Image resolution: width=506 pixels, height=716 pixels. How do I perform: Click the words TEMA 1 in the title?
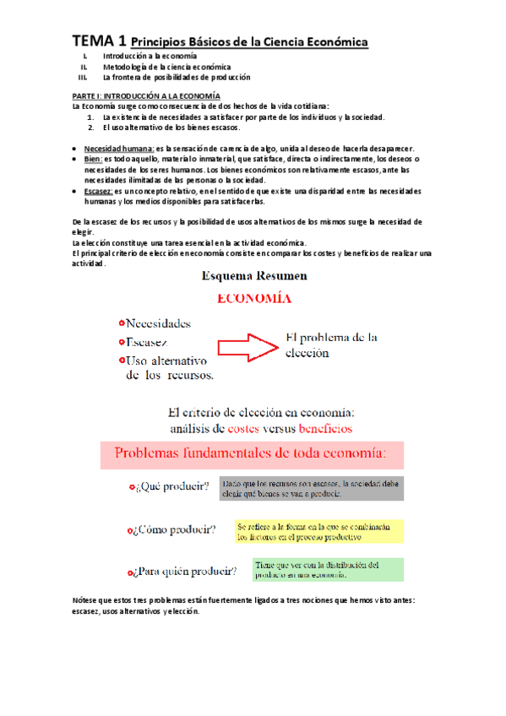click(100, 41)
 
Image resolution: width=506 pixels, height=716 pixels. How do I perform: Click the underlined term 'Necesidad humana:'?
click(113, 149)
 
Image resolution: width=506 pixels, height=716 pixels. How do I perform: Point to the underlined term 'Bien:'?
click(93, 159)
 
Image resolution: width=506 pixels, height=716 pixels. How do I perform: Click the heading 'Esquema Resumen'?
click(253, 275)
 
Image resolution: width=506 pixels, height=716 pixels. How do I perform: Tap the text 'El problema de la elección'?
click(332, 344)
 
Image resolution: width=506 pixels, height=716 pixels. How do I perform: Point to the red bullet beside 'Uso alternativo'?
click(122, 361)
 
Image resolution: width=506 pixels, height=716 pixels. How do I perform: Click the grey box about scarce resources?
click(311, 489)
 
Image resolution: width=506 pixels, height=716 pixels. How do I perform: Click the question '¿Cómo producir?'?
click(175, 530)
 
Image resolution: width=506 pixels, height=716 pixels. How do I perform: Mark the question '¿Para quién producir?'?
click(185, 572)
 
